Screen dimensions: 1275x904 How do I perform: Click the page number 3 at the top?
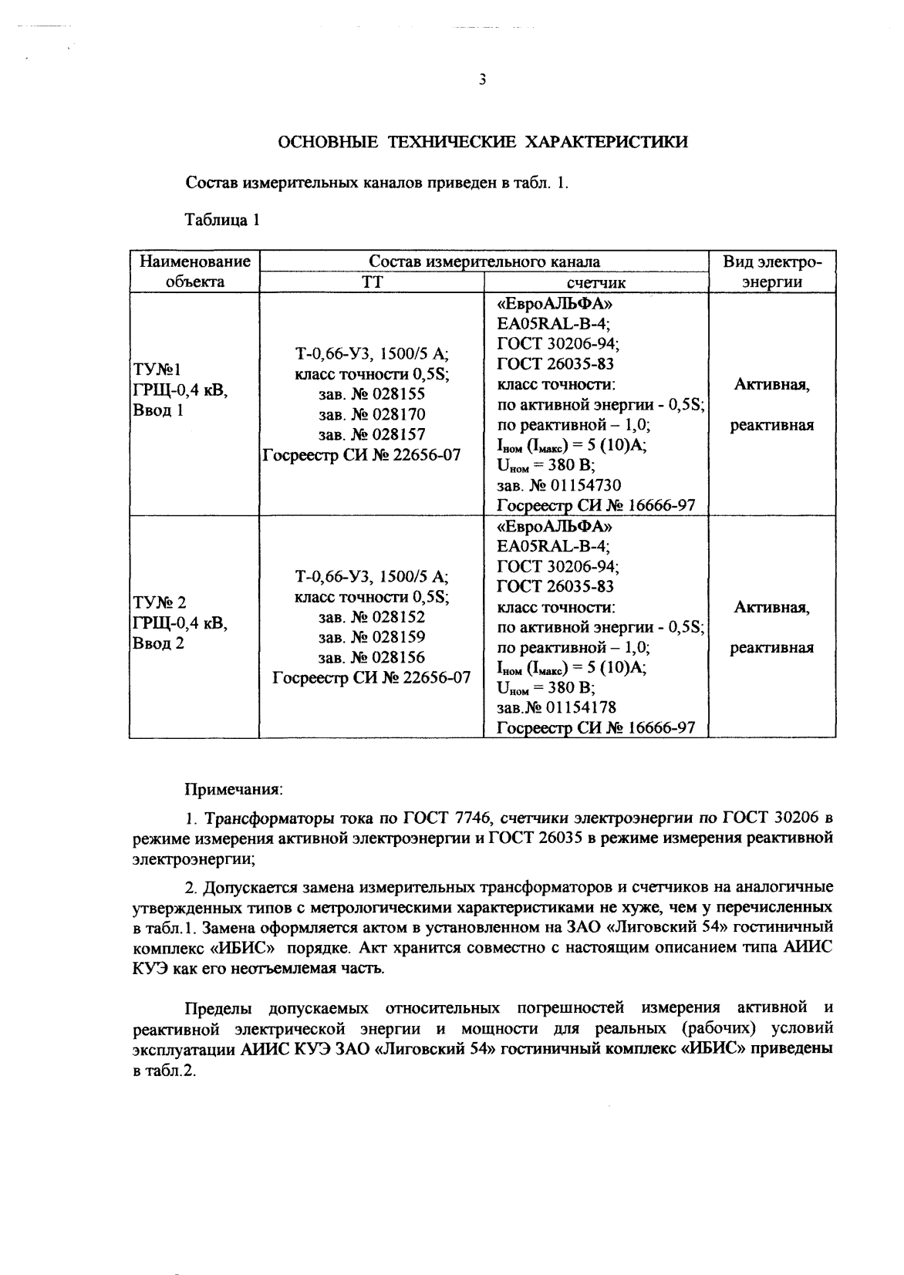point(482,80)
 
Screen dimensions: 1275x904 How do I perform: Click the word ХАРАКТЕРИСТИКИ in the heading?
point(605,143)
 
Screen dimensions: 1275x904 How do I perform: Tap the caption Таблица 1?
point(221,221)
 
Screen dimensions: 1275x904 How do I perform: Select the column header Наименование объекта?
point(194,272)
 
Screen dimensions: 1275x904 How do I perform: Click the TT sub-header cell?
point(372,282)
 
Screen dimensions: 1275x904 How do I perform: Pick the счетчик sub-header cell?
point(595,283)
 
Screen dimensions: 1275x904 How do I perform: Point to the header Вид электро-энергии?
point(772,272)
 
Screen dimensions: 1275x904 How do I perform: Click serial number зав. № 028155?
point(372,394)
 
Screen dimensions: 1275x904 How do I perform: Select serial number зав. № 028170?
point(372,414)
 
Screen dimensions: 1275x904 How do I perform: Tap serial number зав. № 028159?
point(372,637)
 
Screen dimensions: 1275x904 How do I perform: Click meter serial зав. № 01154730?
point(559,485)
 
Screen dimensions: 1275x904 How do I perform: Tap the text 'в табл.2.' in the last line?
point(164,1072)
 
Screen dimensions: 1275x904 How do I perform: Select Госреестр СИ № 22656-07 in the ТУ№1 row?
point(362,455)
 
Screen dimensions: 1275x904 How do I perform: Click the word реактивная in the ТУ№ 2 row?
point(771,648)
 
